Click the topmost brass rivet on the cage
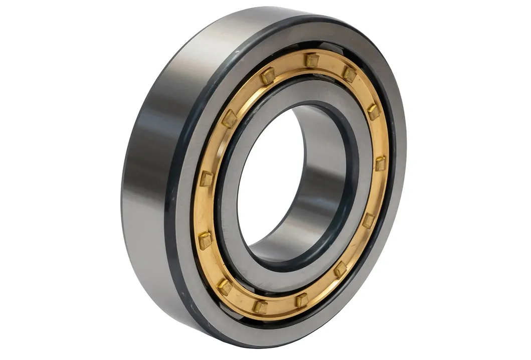(311, 60)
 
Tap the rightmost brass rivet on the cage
(381, 163)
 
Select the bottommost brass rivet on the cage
(260, 306)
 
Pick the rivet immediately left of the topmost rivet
(268, 76)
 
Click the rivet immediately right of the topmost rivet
(349, 74)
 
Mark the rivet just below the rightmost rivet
(369, 220)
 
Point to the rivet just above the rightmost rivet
(373, 111)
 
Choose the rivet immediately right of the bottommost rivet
(301, 300)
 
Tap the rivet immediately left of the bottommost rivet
(225, 287)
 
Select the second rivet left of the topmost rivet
(230, 119)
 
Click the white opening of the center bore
(266, 181)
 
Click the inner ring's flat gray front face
(351, 125)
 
